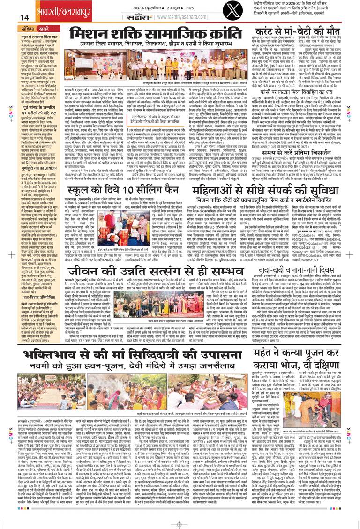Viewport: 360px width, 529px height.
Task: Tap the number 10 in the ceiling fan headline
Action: point(110,178)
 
